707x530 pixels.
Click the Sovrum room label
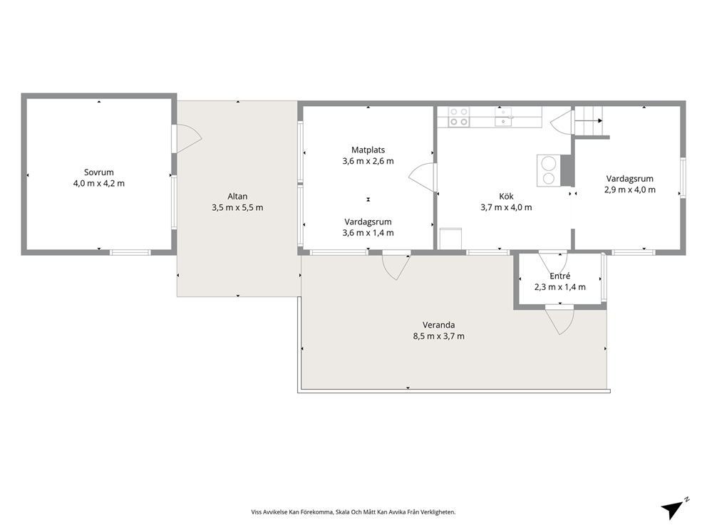point(99,172)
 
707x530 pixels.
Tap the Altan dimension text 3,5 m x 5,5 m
point(237,208)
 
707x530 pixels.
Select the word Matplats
point(368,150)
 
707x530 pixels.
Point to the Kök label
point(506,197)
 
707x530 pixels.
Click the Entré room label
point(560,276)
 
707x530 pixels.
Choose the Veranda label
point(439,325)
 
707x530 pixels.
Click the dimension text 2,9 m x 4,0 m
point(630,189)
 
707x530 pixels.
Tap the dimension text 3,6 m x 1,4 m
point(368,233)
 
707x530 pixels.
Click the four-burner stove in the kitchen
point(459,117)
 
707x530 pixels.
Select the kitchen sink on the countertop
point(504,116)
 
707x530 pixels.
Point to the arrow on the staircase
point(589,121)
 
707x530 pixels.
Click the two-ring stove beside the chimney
point(549,170)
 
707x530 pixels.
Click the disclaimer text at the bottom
point(353,512)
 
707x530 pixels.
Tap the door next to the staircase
point(562,123)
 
